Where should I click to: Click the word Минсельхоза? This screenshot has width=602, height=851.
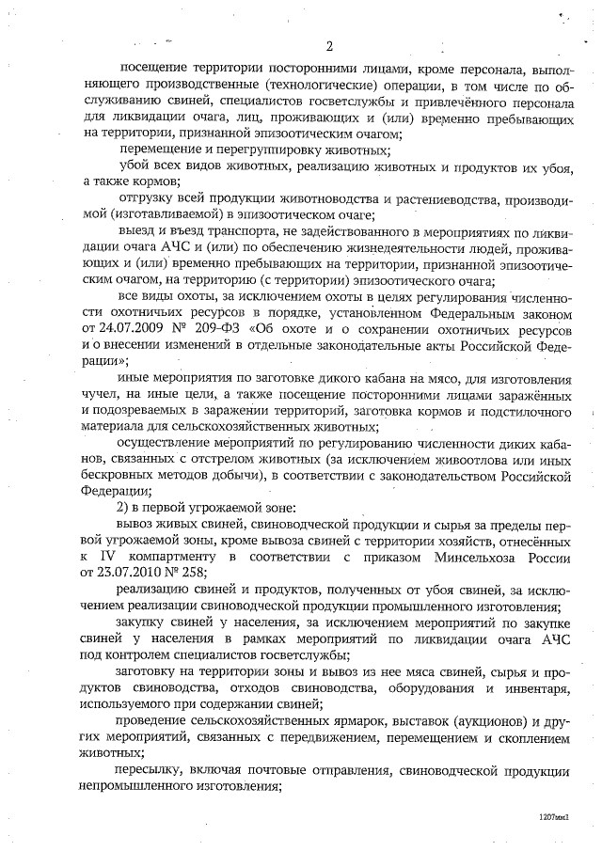[x=474, y=554]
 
